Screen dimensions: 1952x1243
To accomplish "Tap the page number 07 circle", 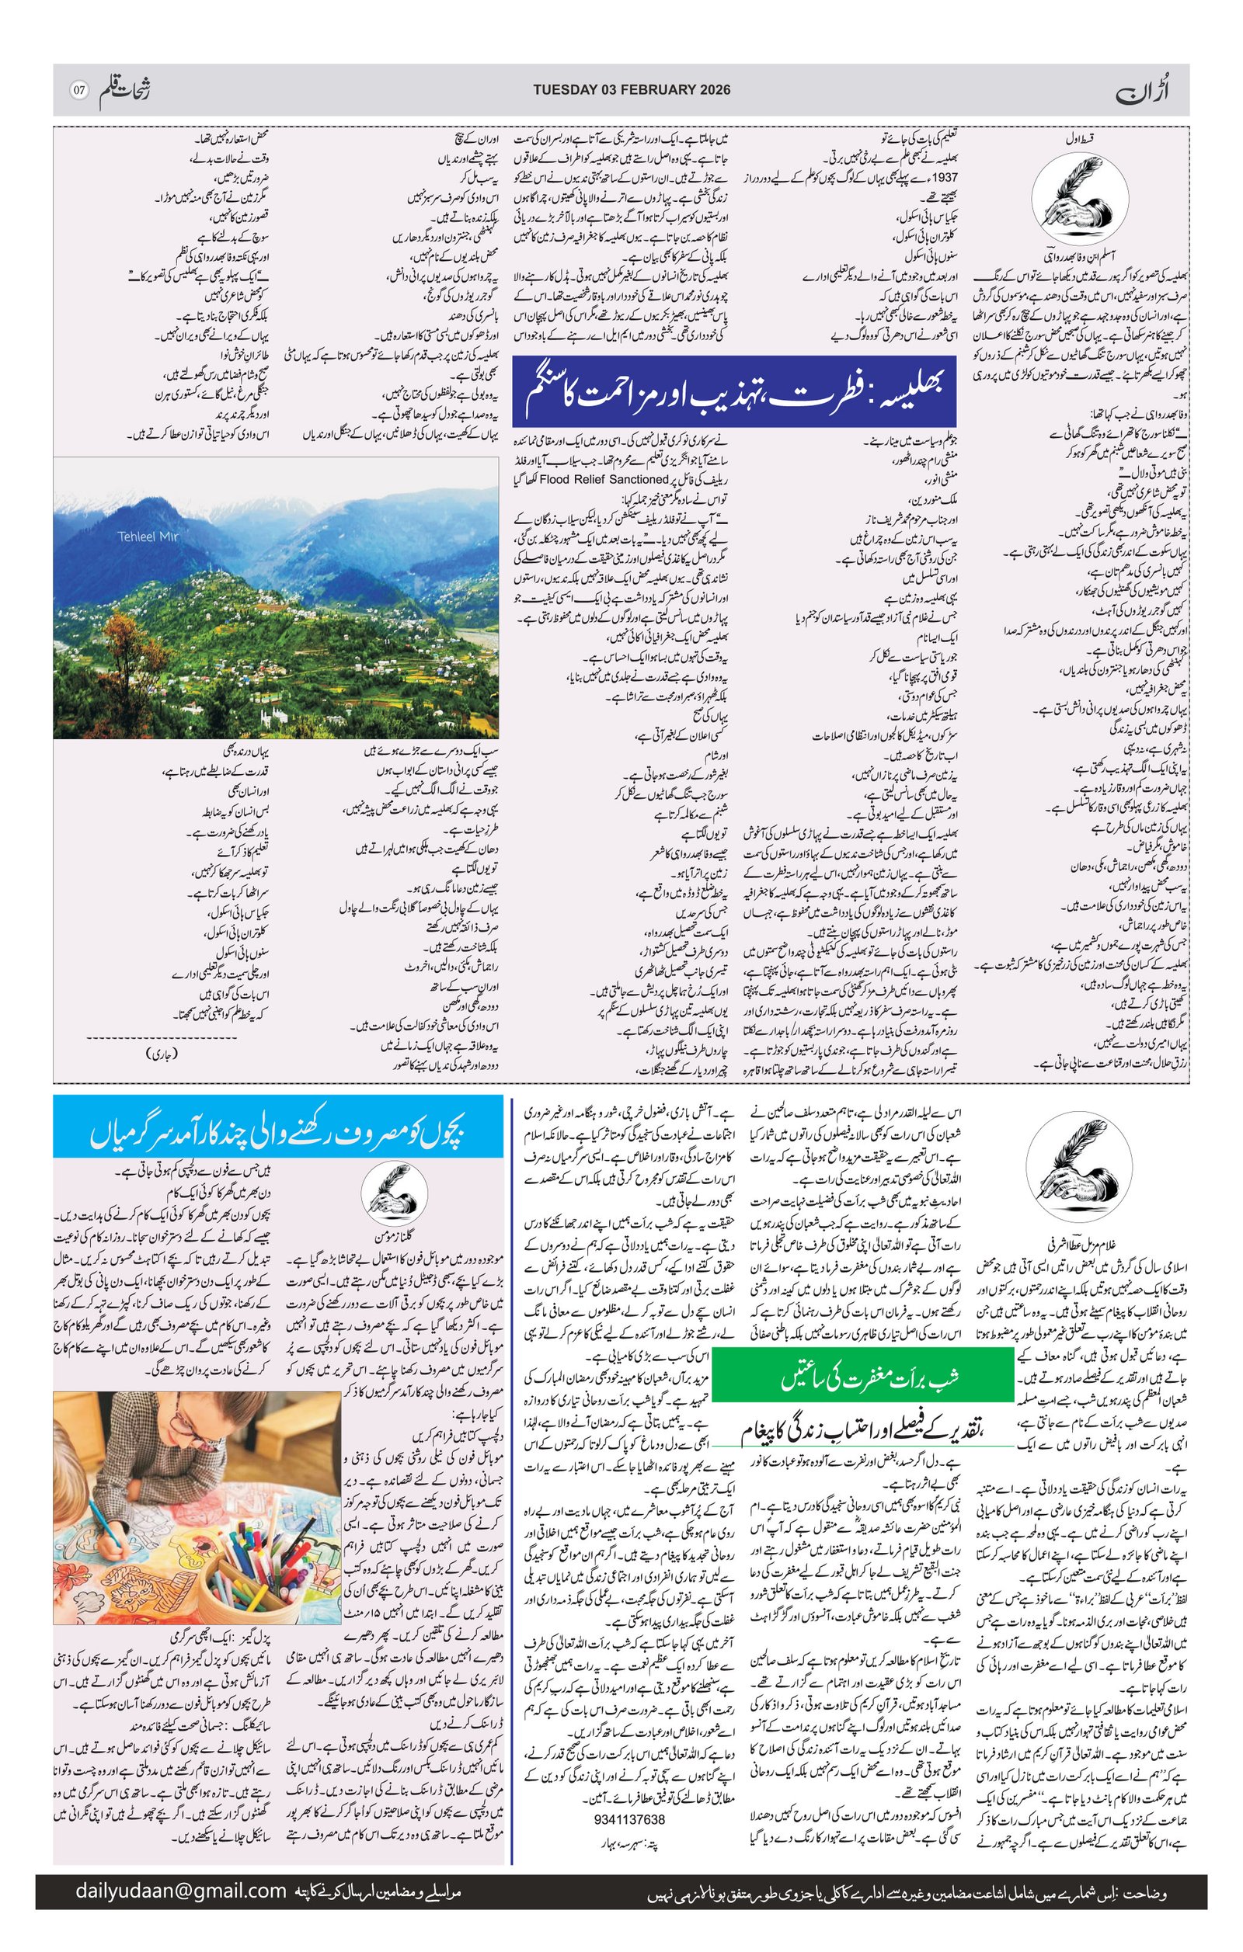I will point(79,90).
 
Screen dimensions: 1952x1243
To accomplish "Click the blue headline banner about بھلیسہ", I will point(735,398).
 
